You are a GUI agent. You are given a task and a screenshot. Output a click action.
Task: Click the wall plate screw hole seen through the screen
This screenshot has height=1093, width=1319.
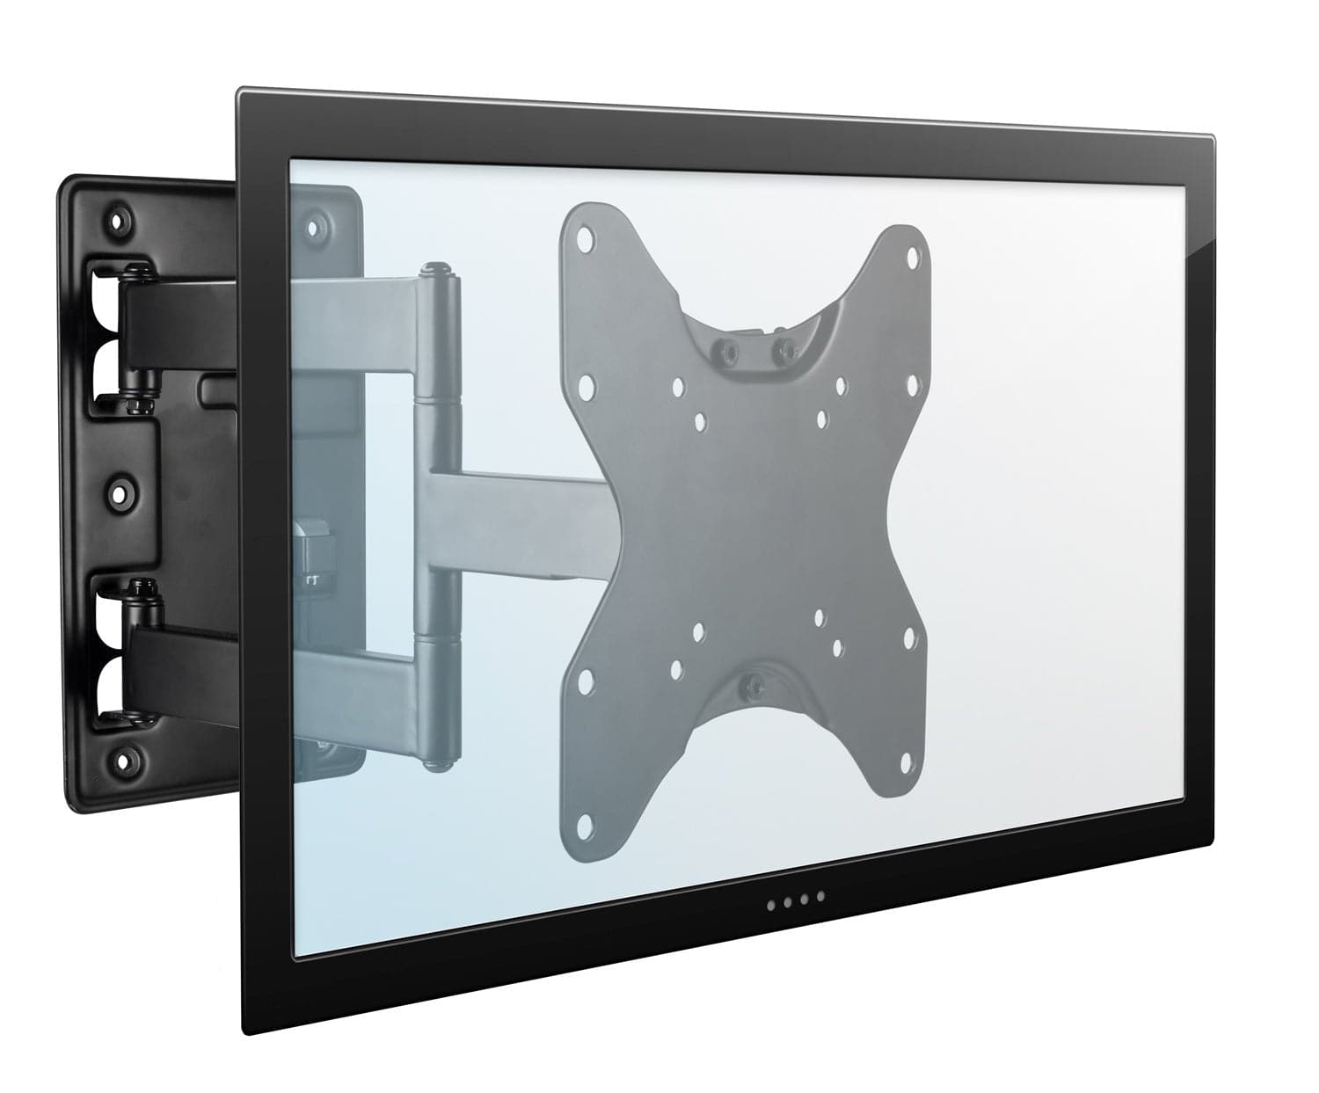[312, 226]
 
